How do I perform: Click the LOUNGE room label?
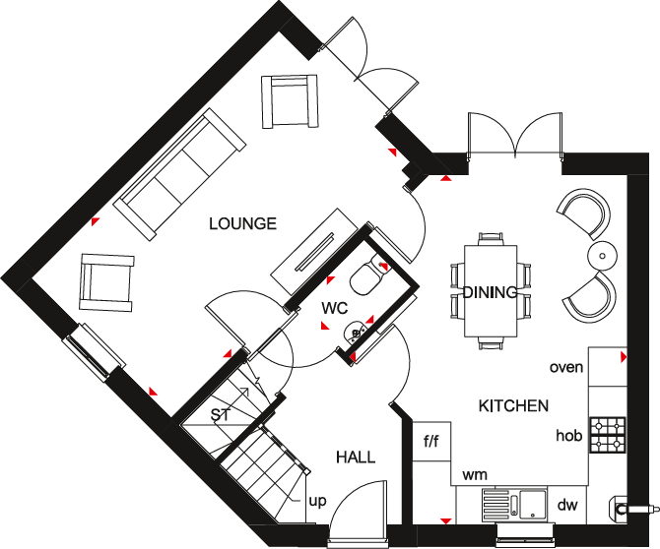242,223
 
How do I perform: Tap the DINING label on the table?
490,292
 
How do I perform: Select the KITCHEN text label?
513,405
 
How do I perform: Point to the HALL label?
356,457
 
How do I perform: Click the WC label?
335,308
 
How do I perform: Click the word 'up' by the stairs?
318,501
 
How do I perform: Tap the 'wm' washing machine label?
476,475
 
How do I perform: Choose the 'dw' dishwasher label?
567,505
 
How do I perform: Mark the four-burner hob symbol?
608,435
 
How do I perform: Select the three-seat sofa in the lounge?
179,175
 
